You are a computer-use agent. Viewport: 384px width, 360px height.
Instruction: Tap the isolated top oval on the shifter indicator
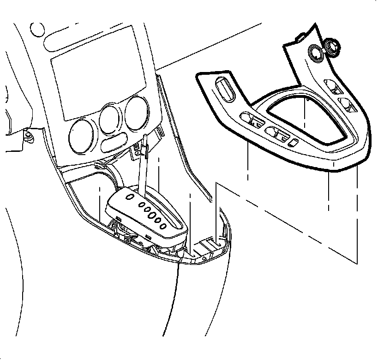coord(131,198)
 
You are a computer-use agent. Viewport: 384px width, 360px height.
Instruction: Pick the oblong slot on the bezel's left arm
coord(224,89)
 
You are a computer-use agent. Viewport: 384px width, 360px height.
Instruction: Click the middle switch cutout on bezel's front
coord(279,134)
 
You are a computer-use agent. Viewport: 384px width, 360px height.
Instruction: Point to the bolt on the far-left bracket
coord(29,136)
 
